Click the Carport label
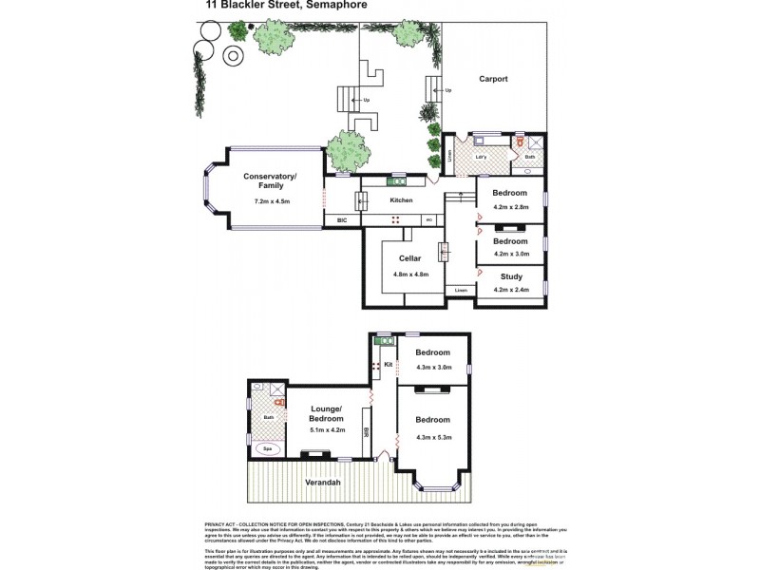pos(493,79)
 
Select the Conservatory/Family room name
pos(270,180)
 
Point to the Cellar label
pos(410,258)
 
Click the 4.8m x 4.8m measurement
pos(410,275)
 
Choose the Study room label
pos(510,276)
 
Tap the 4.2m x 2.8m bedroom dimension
pos(510,206)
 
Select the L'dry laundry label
pos(481,156)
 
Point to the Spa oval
pos(268,450)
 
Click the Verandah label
pos(323,484)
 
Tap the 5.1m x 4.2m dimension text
pos(326,429)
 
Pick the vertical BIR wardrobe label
pos(366,432)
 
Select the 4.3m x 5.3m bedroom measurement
pos(432,436)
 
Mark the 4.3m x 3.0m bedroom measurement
pos(432,367)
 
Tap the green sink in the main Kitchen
pos(396,180)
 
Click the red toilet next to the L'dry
pos(520,142)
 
